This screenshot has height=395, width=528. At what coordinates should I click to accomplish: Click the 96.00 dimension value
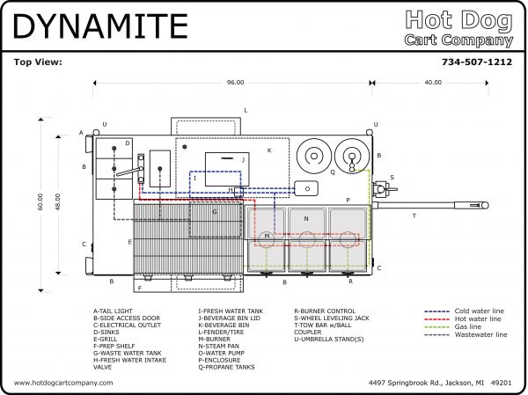coord(234,82)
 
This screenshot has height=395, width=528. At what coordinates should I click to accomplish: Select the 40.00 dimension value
coord(433,82)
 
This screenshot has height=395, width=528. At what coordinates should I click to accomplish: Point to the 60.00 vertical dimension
coord(40,201)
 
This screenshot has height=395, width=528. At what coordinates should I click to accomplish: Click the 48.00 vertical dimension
coord(58,201)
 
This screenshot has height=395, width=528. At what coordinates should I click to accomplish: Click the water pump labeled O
coord(306,188)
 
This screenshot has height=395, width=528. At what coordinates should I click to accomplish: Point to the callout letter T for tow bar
coord(414,215)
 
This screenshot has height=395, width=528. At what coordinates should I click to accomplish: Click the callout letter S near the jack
coord(392,177)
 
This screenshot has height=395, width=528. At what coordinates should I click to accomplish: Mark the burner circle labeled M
coord(267,238)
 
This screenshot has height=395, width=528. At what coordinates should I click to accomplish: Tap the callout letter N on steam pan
coord(306,217)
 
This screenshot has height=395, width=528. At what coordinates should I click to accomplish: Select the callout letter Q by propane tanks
coord(332,172)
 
